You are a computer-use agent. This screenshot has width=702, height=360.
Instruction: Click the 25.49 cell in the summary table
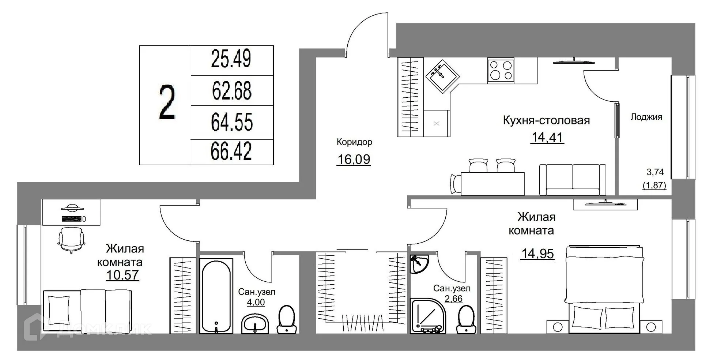point(231,59)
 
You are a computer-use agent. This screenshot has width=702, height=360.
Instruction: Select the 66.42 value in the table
point(231,151)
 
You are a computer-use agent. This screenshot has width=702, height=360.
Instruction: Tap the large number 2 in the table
point(167,103)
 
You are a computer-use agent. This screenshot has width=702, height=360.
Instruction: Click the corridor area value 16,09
point(354,160)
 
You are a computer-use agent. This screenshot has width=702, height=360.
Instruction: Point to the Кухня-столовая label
point(546,120)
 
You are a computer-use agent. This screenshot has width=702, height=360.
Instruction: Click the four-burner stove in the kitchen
point(501,70)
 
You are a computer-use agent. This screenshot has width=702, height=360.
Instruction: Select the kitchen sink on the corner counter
point(442,76)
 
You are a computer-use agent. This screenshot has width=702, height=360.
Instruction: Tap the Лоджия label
point(646,117)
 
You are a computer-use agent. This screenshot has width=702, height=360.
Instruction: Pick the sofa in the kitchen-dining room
point(572,180)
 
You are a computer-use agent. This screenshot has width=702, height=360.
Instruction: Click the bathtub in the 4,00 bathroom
point(216,296)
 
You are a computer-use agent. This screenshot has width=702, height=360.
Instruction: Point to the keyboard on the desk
point(72,219)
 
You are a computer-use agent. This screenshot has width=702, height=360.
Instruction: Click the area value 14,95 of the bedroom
point(537,254)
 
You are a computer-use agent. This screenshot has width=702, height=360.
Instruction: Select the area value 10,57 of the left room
point(122,275)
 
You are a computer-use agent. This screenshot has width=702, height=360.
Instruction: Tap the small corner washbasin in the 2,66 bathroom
point(419,264)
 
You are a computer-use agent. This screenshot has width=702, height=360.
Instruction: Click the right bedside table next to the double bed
point(651,327)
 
